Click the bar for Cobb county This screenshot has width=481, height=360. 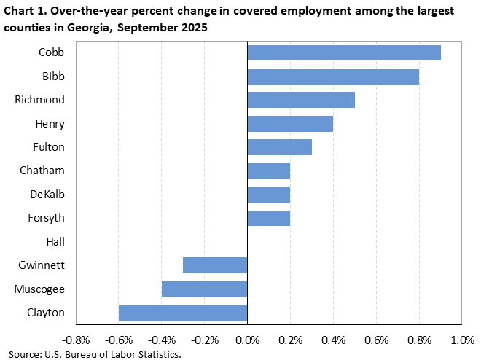click(x=344, y=52)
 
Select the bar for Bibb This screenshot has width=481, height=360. click(x=333, y=76)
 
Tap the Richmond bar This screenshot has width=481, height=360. click(x=301, y=100)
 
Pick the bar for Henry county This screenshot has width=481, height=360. click(x=290, y=123)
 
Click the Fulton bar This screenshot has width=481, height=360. click(x=280, y=147)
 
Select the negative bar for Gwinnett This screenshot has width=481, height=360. click(x=215, y=265)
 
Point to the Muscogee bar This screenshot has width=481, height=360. click(x=204, y=289)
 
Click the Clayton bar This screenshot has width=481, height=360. click(x=183, y=313)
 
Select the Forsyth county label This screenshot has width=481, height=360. click(x=47, y=218)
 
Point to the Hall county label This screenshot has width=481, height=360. click(x=55, y=241)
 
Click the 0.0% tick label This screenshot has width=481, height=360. click(x=248, y=340)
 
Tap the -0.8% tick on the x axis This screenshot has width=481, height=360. click(x=76, y=340)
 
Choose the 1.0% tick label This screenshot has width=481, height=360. click(x=462, y=340)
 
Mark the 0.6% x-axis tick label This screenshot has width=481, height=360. click(x=377, y=340)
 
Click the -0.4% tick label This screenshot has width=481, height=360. click(x=162, y=340)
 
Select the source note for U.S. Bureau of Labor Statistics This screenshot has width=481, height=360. click(x=95, y=353)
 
